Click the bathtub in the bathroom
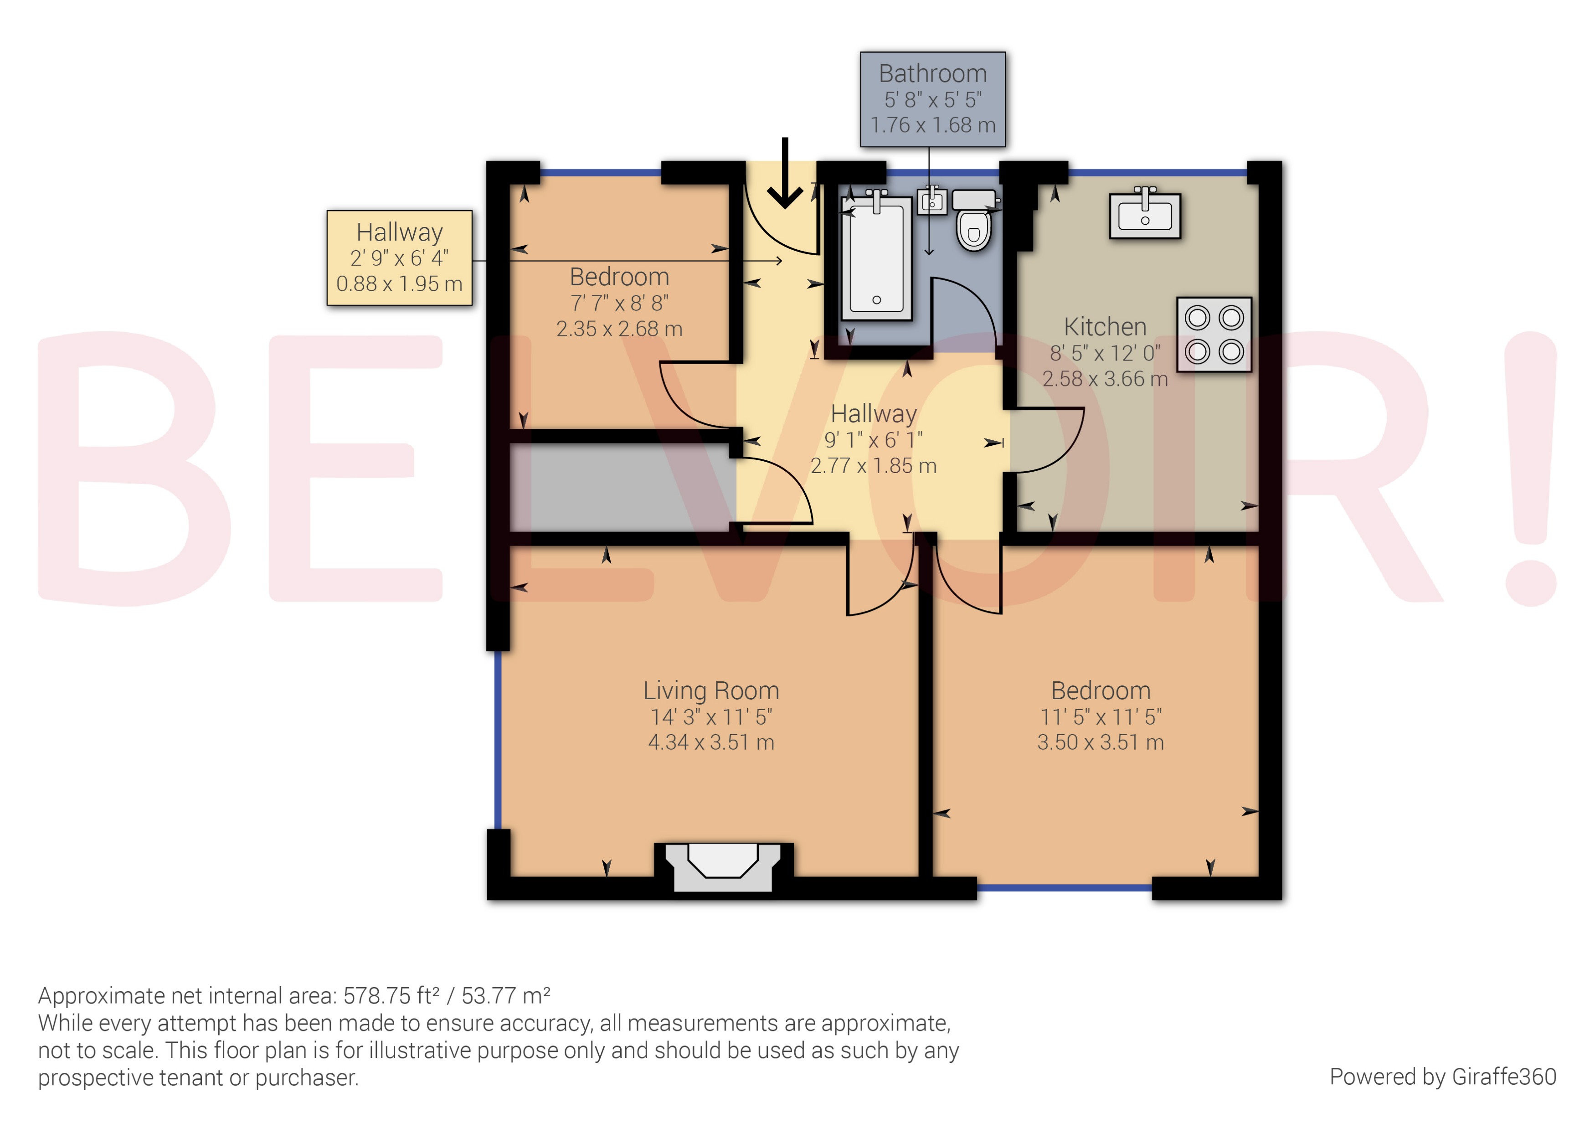pyautogui.click(x=877, y=258)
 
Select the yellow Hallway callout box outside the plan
pyautogui.click(x=400, y=258)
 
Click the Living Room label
pyautogui.click(x=710, y=690)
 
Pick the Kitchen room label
pyautogui.click(x=1105, y=326)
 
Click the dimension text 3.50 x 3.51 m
pyautogui.click(x=1101, y=742)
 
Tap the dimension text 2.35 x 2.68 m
pyautogui.click(x=619, y=329)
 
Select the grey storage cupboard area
pyautogui.click(x=622, y=486)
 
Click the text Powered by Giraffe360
pyautogui.click(x=1442, y=1076)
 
